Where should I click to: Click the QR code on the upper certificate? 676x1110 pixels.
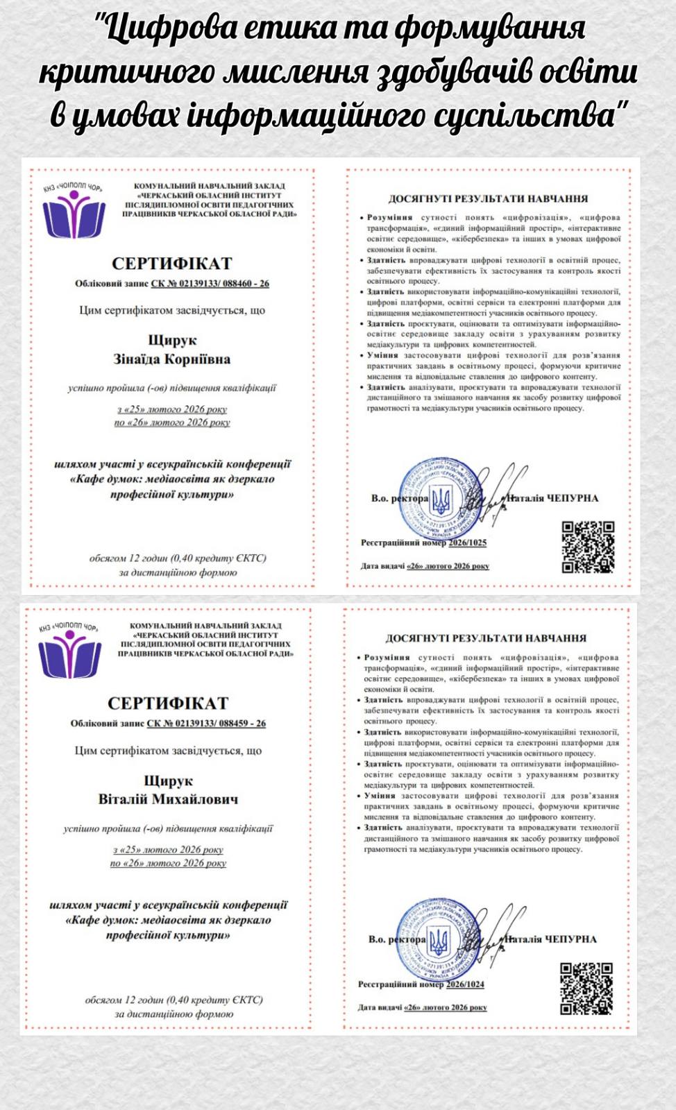point(588,547)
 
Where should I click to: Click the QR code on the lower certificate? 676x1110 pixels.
point(586,988)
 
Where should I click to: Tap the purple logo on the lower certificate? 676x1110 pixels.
point(70,654)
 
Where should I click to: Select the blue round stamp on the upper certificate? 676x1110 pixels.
point(440,497)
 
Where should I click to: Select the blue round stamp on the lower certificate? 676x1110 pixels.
point(438,939)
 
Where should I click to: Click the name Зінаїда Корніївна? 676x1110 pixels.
point(172,359)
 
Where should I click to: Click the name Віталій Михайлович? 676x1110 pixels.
point(168,799)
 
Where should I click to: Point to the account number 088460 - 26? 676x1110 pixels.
point(243,284)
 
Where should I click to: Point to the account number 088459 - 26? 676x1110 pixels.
point(239,724)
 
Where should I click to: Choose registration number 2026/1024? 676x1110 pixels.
point(465,984)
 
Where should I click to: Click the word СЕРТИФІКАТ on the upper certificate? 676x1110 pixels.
point(171,264)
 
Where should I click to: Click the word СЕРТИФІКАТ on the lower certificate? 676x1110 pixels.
point(168,703)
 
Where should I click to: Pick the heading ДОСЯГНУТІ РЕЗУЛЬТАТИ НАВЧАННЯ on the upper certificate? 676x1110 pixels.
point(488,199)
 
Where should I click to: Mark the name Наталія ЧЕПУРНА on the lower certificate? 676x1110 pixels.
point(550,939)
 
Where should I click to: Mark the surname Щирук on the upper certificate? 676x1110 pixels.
point(172,341)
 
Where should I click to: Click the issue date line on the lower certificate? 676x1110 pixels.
point(422,1007)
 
